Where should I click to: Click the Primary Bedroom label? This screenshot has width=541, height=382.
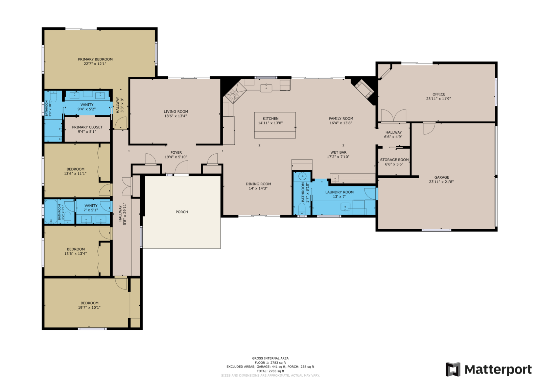click(95, 59)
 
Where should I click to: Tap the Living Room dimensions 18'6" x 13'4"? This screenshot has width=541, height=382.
click(175, 116)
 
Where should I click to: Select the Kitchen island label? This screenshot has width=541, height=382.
click(270, 119)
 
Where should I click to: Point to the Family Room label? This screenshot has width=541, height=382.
click(341, 119)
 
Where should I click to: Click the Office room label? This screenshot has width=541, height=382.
click(439, 94)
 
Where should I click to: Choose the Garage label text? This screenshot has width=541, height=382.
click(442, 177)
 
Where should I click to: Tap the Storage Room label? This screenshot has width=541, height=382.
click(394, 160)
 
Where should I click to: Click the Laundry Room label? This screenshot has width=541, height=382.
click(339, 192)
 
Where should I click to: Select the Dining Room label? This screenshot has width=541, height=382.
click(258, 184)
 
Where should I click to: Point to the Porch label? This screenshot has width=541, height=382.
click(182, 212)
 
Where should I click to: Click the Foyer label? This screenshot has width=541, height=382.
click(176, 153)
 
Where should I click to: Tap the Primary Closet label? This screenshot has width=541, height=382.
click(87, 127)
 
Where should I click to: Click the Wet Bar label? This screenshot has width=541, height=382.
click(338, 153)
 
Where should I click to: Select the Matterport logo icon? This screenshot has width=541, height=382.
click(453, 369)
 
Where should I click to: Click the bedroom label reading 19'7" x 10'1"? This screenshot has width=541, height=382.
click(89, 308)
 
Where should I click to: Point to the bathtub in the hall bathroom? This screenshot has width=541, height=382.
click(51, 212)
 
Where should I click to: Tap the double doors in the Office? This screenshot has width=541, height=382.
click(394, 116)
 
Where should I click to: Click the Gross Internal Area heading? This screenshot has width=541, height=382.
click(270, 359)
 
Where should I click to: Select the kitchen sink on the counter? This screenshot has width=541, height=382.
click(266, 88)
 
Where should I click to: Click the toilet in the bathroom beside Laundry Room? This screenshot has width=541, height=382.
click(302, 208)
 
